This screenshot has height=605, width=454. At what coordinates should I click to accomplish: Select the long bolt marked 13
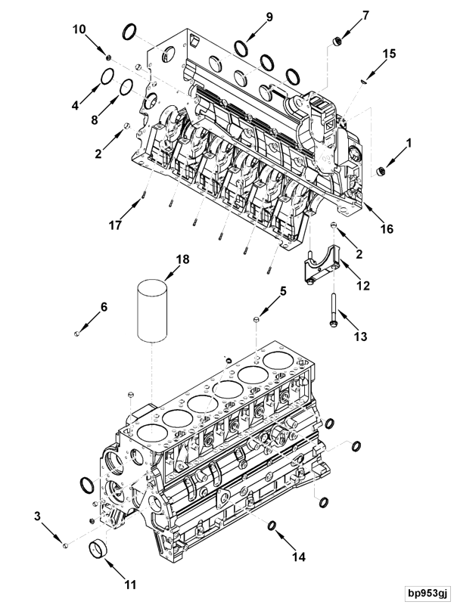(x=332, y=306)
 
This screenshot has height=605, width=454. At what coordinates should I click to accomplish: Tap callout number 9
(x=247, y=16)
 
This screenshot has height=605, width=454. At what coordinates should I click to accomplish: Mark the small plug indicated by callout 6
(x=78, y=331)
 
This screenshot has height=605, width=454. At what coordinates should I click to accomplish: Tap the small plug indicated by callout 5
(x=257, y=321)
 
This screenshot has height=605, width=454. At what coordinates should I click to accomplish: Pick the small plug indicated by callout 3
(x=66, y=545)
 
